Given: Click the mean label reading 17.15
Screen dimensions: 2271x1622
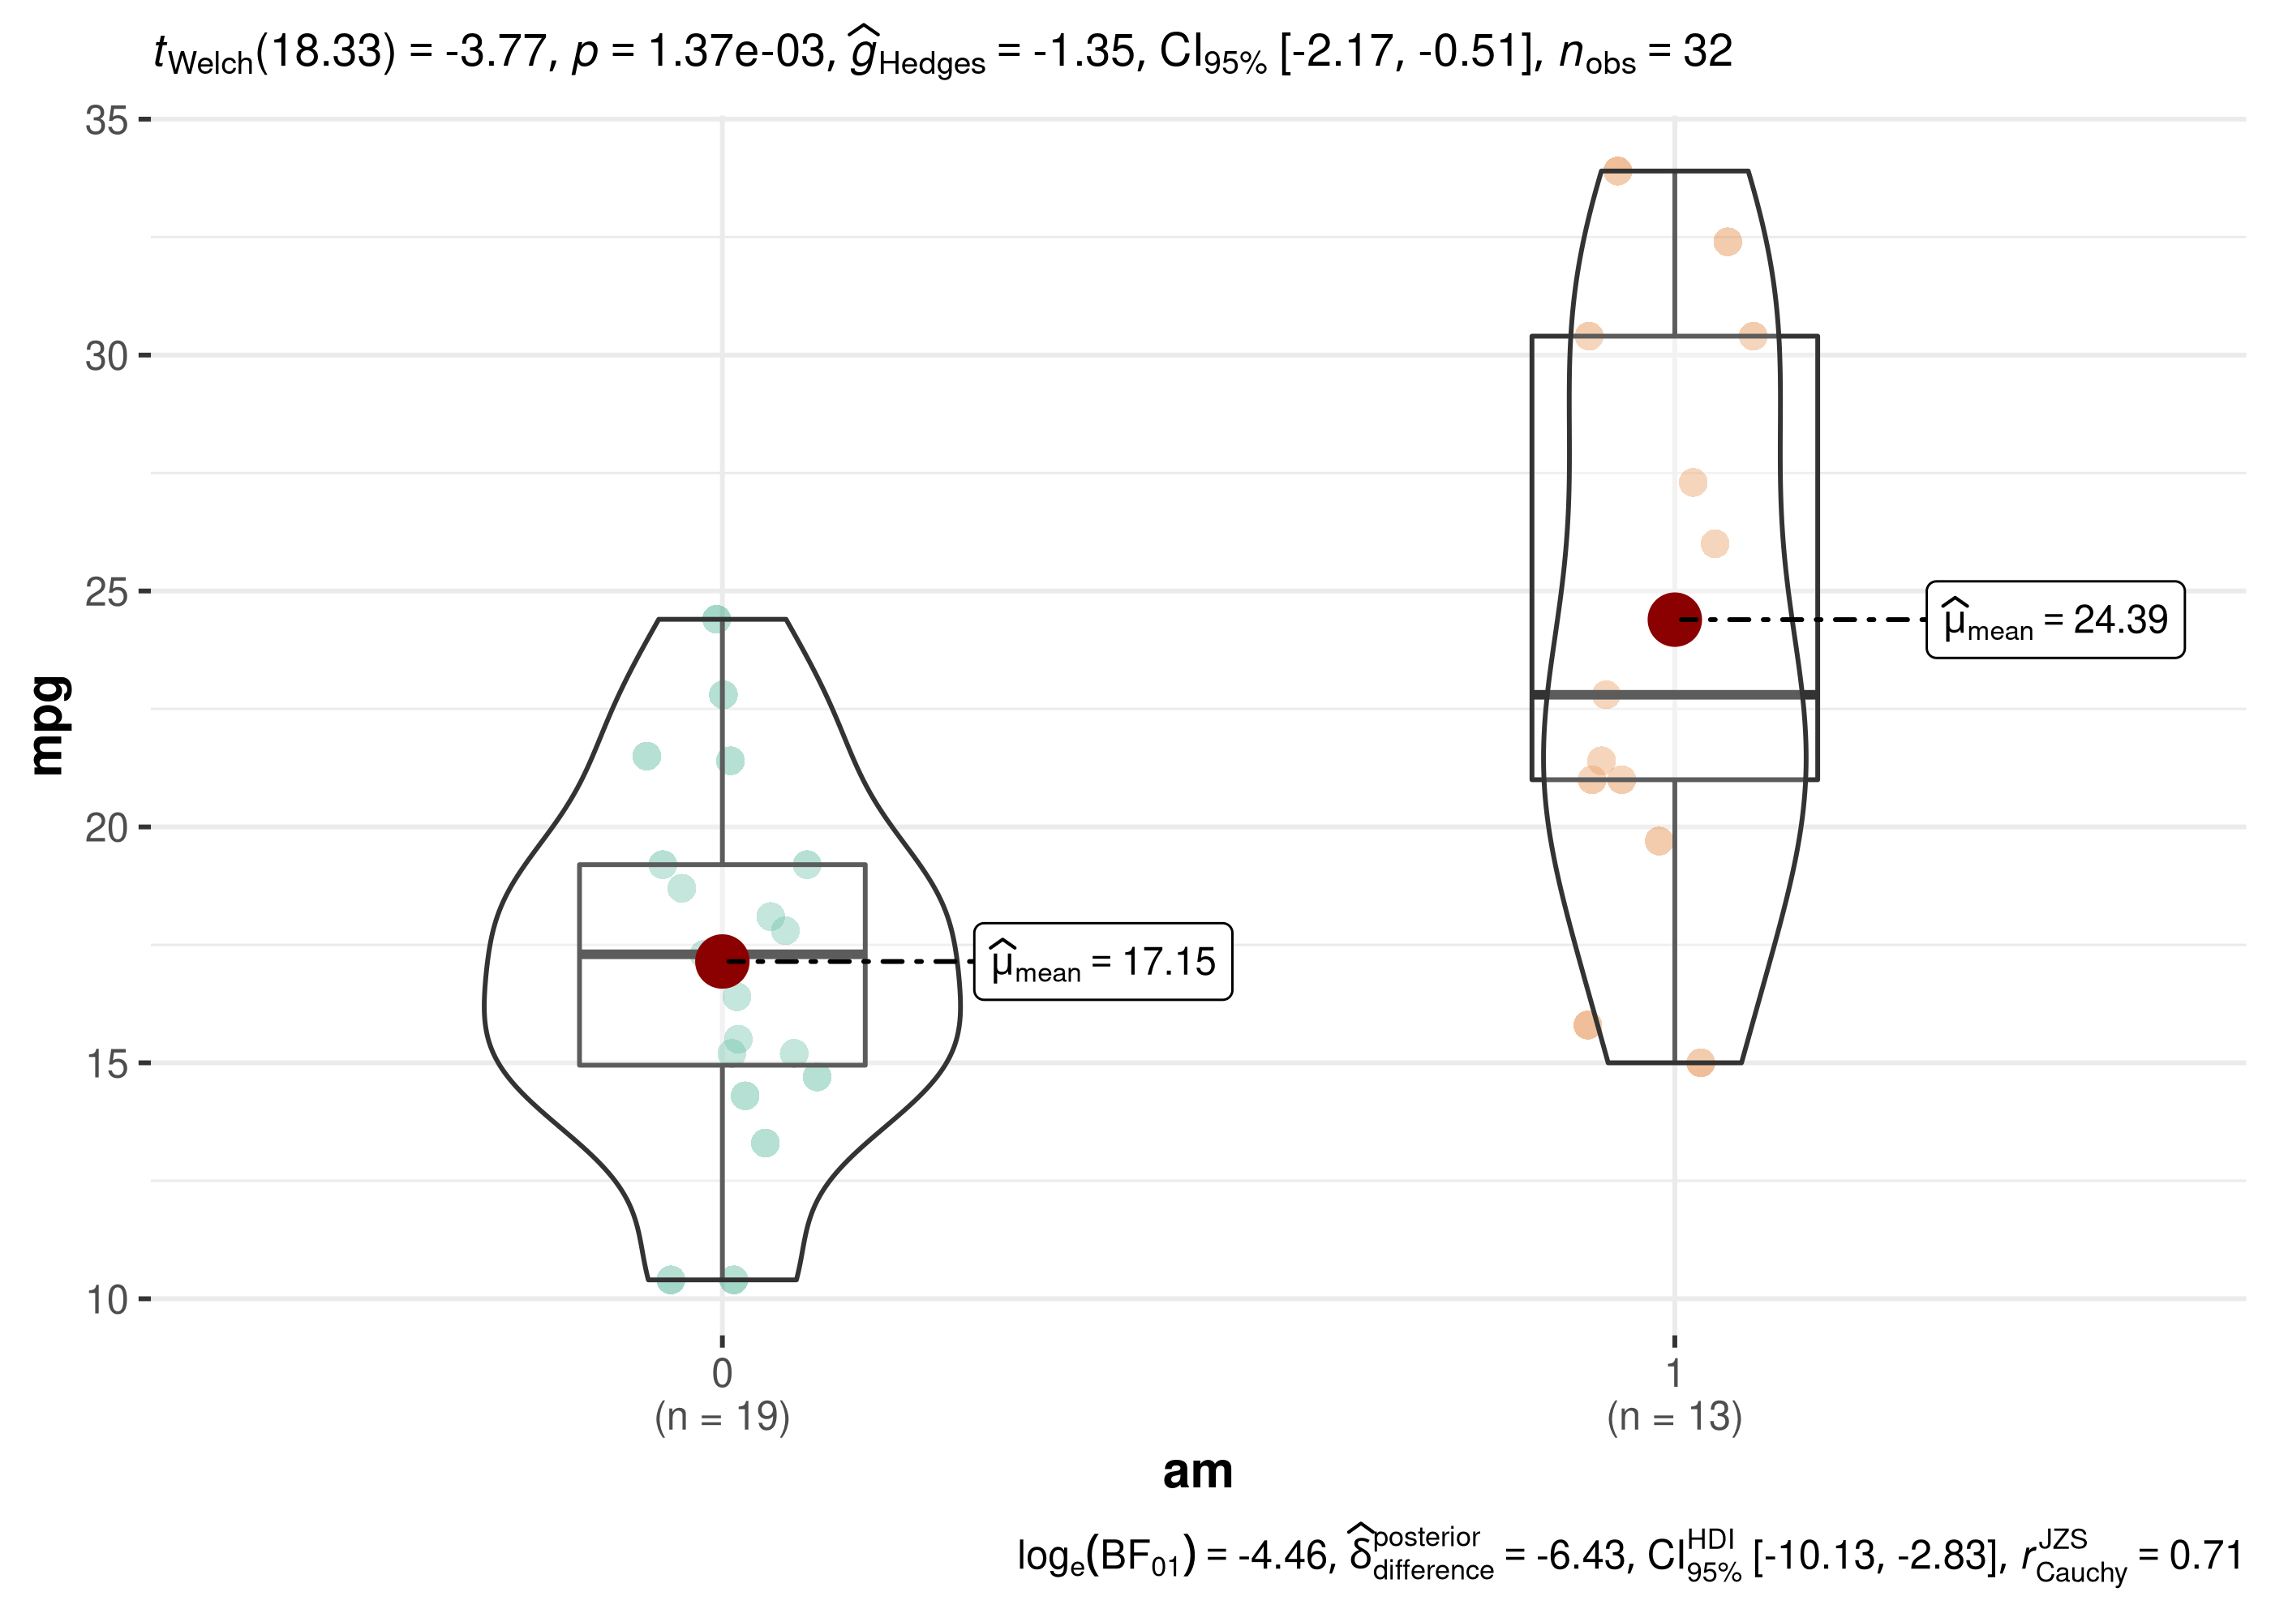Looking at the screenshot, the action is coord(1102,961).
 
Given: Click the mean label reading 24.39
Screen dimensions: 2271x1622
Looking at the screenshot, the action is coord(2055,620).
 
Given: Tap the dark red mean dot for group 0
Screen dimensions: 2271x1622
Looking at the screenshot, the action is coord(722,961).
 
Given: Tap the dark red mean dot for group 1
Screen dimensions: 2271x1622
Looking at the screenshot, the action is coord(1675,620).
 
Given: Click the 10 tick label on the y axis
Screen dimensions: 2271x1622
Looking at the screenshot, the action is coord(107,1299).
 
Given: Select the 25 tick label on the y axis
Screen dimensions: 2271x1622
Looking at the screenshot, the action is coord(107,591).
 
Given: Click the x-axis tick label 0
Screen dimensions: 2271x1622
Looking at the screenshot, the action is coord(722,1373).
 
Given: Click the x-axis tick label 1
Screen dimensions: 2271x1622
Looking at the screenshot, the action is coord(1675,1373).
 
